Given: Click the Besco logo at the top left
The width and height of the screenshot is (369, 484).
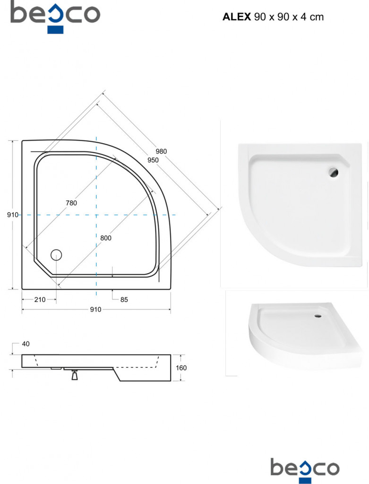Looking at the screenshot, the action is point(55,16).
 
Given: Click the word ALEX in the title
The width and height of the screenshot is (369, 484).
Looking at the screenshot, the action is point(237,17).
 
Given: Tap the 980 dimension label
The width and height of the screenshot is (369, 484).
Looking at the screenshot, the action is point(161,151).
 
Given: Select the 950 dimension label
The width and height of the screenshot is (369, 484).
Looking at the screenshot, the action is point(153,160).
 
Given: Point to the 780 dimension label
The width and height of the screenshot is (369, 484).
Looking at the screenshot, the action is point(71,203).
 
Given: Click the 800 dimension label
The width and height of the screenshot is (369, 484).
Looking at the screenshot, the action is point(106,238).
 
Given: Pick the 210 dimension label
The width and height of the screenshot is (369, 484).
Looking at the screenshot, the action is point(40,299).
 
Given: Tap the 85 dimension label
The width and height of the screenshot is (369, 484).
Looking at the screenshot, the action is point(124,299).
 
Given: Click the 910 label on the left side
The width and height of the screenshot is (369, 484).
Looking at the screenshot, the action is point(13,215).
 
